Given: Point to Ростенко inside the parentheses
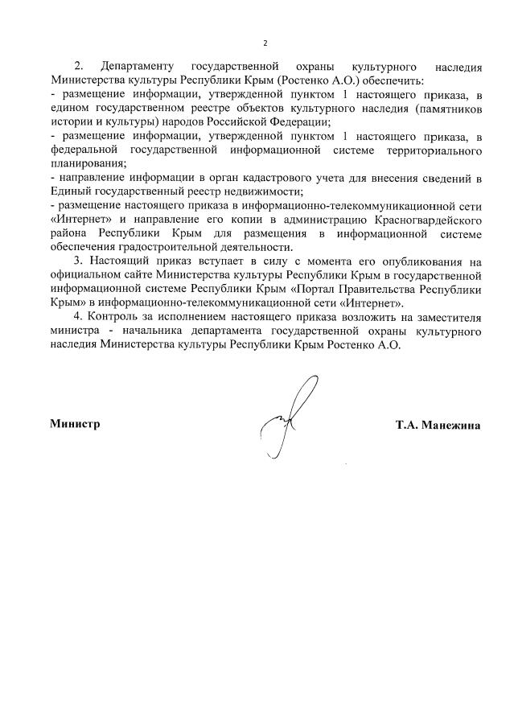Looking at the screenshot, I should click(x=299, y=80).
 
